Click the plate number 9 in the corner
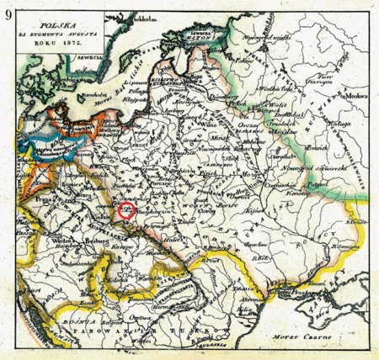(x=8, y=13)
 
